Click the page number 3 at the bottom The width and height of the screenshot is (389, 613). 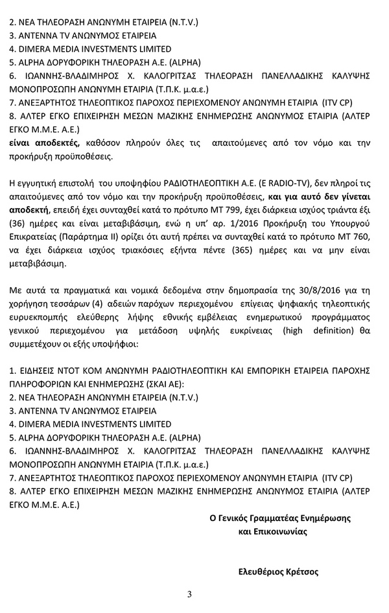tap(189, 595)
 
